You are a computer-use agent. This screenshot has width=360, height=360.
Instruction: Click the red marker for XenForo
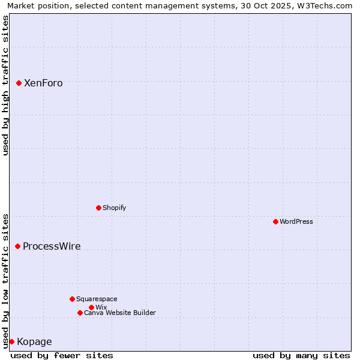pos(19,83)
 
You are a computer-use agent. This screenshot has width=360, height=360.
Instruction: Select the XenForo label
pos(43,83)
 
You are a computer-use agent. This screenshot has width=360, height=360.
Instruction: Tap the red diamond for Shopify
pos(98,208)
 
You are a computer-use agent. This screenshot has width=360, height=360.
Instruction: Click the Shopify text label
pos(114,208)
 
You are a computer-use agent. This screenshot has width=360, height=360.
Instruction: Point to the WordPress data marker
pos(275,221)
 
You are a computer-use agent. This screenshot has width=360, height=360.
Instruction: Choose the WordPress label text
pos(296,221)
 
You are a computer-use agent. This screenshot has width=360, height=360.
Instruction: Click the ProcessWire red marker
pos(17,246)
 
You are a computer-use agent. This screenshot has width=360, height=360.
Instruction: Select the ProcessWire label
pos(52,246)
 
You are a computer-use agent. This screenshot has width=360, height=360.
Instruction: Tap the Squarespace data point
pos(72,299)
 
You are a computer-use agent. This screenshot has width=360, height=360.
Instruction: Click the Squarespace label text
pos(97,299)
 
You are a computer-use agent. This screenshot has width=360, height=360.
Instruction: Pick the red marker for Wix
pos(91,307)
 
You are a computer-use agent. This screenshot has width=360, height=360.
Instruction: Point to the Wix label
pos(101,307)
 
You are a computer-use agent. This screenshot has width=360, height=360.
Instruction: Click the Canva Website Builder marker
pos(80,313)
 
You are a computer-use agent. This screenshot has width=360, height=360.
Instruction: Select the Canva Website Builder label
pos(119,313)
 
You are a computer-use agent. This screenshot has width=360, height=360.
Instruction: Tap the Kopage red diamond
pos(11,341)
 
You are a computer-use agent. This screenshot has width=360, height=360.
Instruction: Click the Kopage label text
pos(34,342)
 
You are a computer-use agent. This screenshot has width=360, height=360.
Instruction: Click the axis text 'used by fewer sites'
pos(62,355)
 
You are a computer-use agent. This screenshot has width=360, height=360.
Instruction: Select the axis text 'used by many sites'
pos(301,355)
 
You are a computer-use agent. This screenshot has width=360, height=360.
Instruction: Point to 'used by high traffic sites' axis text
pos(5,85)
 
